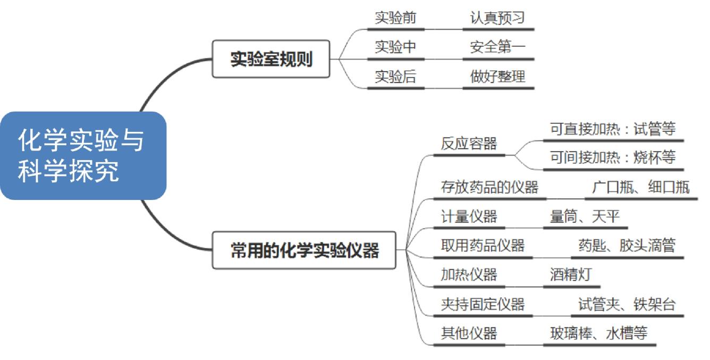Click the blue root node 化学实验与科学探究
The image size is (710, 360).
tap(82, 155)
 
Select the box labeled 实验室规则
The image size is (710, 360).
tap(271, 59)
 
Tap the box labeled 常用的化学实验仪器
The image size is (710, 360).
tap(305, 250)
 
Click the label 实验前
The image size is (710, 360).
tap(395, 18)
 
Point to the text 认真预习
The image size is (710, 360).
tap(497, 18)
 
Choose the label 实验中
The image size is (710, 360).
tap(395, 47)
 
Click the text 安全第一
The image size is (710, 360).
tap(497, 47)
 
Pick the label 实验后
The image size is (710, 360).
tap(395, 77)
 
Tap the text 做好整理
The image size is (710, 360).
tap(497, 77)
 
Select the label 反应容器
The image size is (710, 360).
tap(469, 144)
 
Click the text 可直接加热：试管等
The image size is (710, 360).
tap(612, 129)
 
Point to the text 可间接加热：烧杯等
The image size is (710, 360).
tap(612, 158)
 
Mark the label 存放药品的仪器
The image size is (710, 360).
tap(489, 187)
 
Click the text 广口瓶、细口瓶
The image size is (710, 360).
tap(640, 187)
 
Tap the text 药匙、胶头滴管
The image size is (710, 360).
tap(627, 246)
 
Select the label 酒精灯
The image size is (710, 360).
tap(571, 275)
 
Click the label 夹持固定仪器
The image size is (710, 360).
tap(483, 304)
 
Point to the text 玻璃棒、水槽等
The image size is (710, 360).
tap(598, 333)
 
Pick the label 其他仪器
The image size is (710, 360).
tap(469, 333)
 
